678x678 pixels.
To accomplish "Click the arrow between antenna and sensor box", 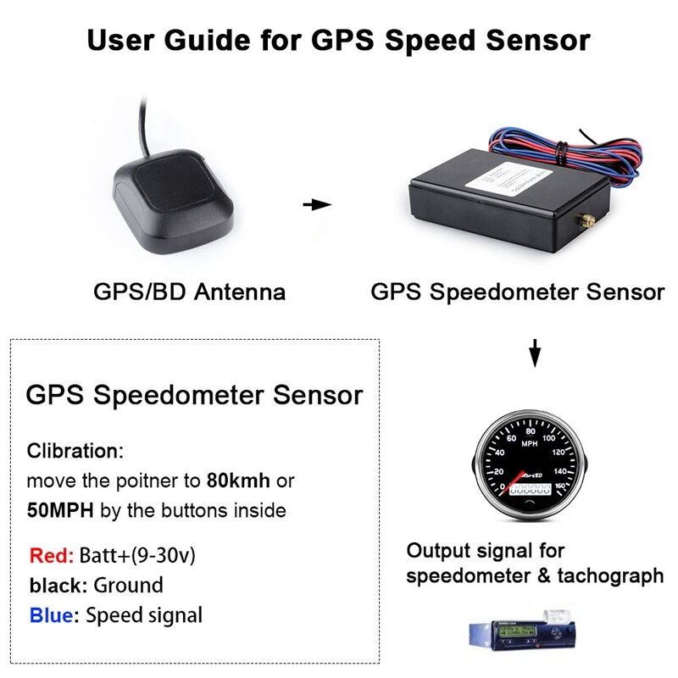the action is click(316, 204).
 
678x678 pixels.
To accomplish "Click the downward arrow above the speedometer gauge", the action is click(534, 352).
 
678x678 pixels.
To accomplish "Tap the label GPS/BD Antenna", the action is click(189, 292).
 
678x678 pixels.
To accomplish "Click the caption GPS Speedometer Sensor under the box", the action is click(517, 292).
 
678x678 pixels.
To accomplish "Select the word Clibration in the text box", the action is click(75, 451).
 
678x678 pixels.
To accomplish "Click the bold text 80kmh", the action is click(238, 481).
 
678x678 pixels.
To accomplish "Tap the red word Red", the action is click(51, 556).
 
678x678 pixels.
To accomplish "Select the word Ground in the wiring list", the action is click(128, 586).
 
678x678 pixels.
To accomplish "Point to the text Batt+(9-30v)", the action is click(137, 556).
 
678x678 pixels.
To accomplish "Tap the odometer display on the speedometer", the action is click(530, 489).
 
